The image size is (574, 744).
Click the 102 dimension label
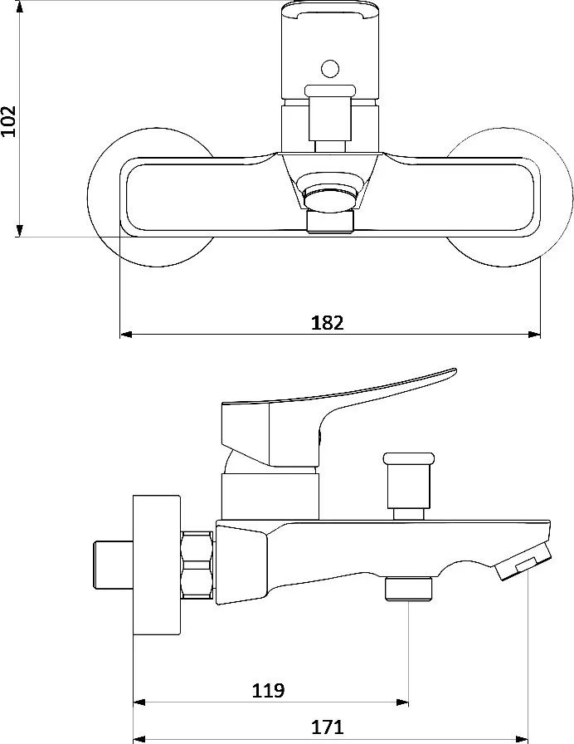(8, 120)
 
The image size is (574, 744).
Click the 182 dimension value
(327, 323)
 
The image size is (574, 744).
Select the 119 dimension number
(268, 690)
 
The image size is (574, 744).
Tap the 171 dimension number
(327, 727)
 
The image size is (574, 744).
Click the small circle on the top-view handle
(330, 69)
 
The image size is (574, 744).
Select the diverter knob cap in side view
(409, 458)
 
